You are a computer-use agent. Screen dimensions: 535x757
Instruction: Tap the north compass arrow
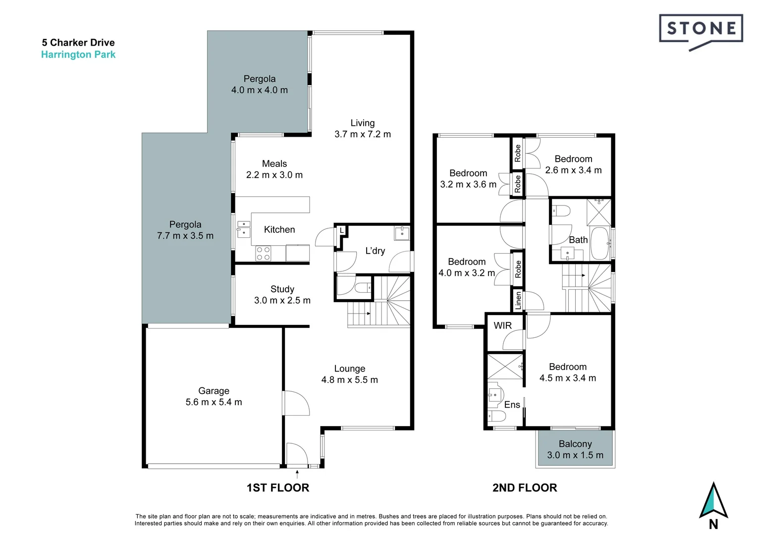[x=713, y=500]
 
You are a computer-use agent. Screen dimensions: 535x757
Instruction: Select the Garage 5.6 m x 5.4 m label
[x=214, y=396]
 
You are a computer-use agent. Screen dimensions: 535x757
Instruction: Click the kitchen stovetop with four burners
[x=263, y=254]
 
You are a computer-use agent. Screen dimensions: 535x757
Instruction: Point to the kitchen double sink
[x=243, y=229]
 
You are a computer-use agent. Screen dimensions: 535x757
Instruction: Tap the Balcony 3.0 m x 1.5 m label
[x=575, y=449]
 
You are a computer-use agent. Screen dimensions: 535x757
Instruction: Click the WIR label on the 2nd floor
[x=502, y=325]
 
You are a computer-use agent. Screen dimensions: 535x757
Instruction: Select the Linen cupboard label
[x=518, y=300]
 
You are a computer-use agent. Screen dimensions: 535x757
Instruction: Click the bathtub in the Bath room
[x=600, y=243]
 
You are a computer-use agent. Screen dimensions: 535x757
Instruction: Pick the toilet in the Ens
[x=496, y=415]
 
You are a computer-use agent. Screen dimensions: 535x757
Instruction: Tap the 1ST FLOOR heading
[x=277, y=487]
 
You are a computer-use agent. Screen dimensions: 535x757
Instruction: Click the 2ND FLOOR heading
[x=525, y=487]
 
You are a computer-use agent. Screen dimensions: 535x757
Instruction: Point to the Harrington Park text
[x=78, y=54]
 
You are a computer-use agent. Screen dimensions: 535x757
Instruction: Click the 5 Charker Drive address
[x=78, y=43]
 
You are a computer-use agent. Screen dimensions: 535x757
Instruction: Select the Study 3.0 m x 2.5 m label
[x=282, y=295]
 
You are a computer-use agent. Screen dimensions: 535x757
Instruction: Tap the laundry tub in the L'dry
[x=402, y=233]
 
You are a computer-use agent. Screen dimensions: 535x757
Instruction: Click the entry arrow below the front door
[x=297, y=474]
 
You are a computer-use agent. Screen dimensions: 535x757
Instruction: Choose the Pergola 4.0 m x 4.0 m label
[x=259, y=84]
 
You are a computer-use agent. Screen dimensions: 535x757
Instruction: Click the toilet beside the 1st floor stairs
[x=363, y=287]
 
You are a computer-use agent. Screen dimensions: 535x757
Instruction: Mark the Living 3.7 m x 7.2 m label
[x=362, y=128]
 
